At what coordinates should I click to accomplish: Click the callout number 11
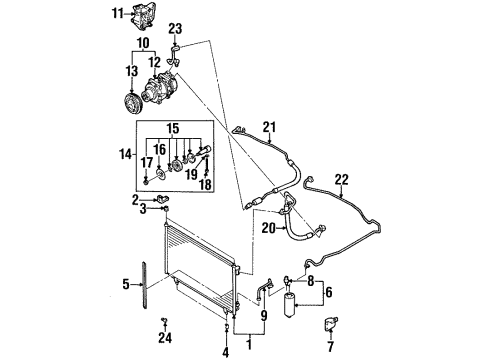click(117, 13)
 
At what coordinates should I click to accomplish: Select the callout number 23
click(176, 28)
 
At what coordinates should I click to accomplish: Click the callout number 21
click(267, 125)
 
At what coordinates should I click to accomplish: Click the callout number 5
click(127, 284)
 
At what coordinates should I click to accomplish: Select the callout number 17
click(145, 163)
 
